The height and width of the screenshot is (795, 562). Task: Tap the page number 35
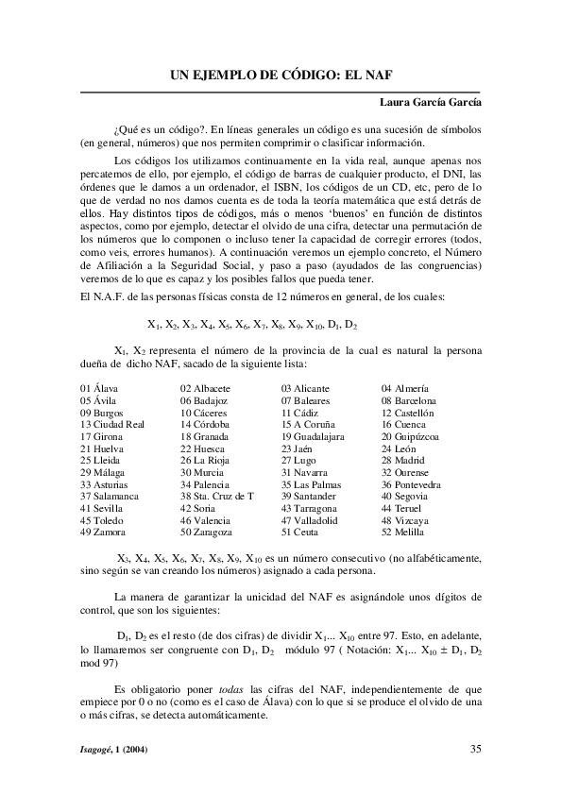(x=476, y=750)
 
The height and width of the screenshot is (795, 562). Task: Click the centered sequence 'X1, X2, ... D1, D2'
(x=252, y=324)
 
